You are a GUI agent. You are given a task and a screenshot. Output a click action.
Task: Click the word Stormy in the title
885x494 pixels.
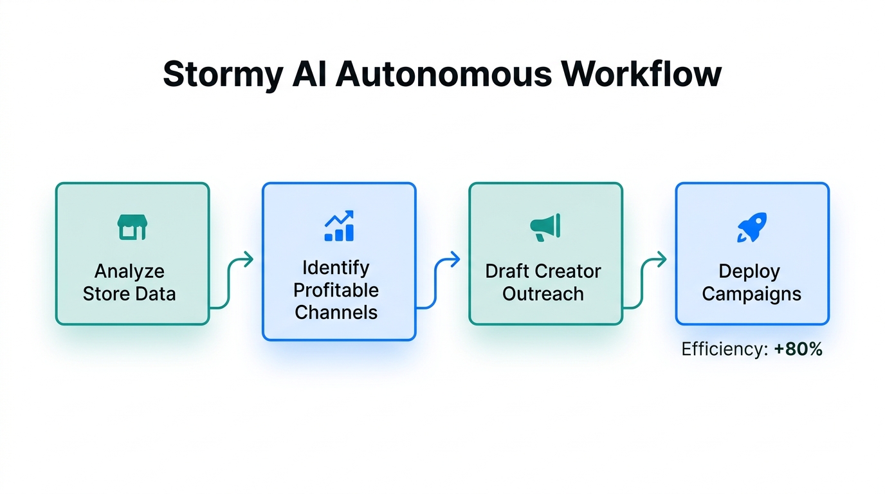[x=223, y=75]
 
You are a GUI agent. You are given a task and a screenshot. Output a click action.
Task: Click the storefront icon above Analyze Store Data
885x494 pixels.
[x=132, y=228]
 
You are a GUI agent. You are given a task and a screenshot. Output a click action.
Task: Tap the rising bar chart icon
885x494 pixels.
[x=339, y=226]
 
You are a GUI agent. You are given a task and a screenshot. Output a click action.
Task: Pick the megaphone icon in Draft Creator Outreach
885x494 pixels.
[x=545, y=228]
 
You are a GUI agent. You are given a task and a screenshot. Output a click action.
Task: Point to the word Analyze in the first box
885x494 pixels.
[x=129, y=271]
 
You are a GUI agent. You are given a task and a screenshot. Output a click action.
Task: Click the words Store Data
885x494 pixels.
[x=129, y=294]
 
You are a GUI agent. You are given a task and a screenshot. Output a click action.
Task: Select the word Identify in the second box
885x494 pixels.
[x=336, y=267]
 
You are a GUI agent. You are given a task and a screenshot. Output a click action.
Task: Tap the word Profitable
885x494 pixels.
[x=336, y=289]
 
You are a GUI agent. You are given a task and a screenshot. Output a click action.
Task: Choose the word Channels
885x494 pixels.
[x=336, y=312]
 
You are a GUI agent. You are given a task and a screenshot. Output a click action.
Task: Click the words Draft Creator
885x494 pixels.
[x=543, y=271]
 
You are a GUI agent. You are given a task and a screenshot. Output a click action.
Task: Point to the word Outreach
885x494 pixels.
[x=543, y=294]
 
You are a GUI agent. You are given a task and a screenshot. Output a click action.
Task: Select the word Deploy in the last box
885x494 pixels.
[x=749, y=271]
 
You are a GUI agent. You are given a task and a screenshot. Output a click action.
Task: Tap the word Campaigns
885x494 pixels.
[x=751, y=294]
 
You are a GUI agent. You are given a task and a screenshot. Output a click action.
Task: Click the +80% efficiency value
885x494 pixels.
[x=798, y=349]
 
